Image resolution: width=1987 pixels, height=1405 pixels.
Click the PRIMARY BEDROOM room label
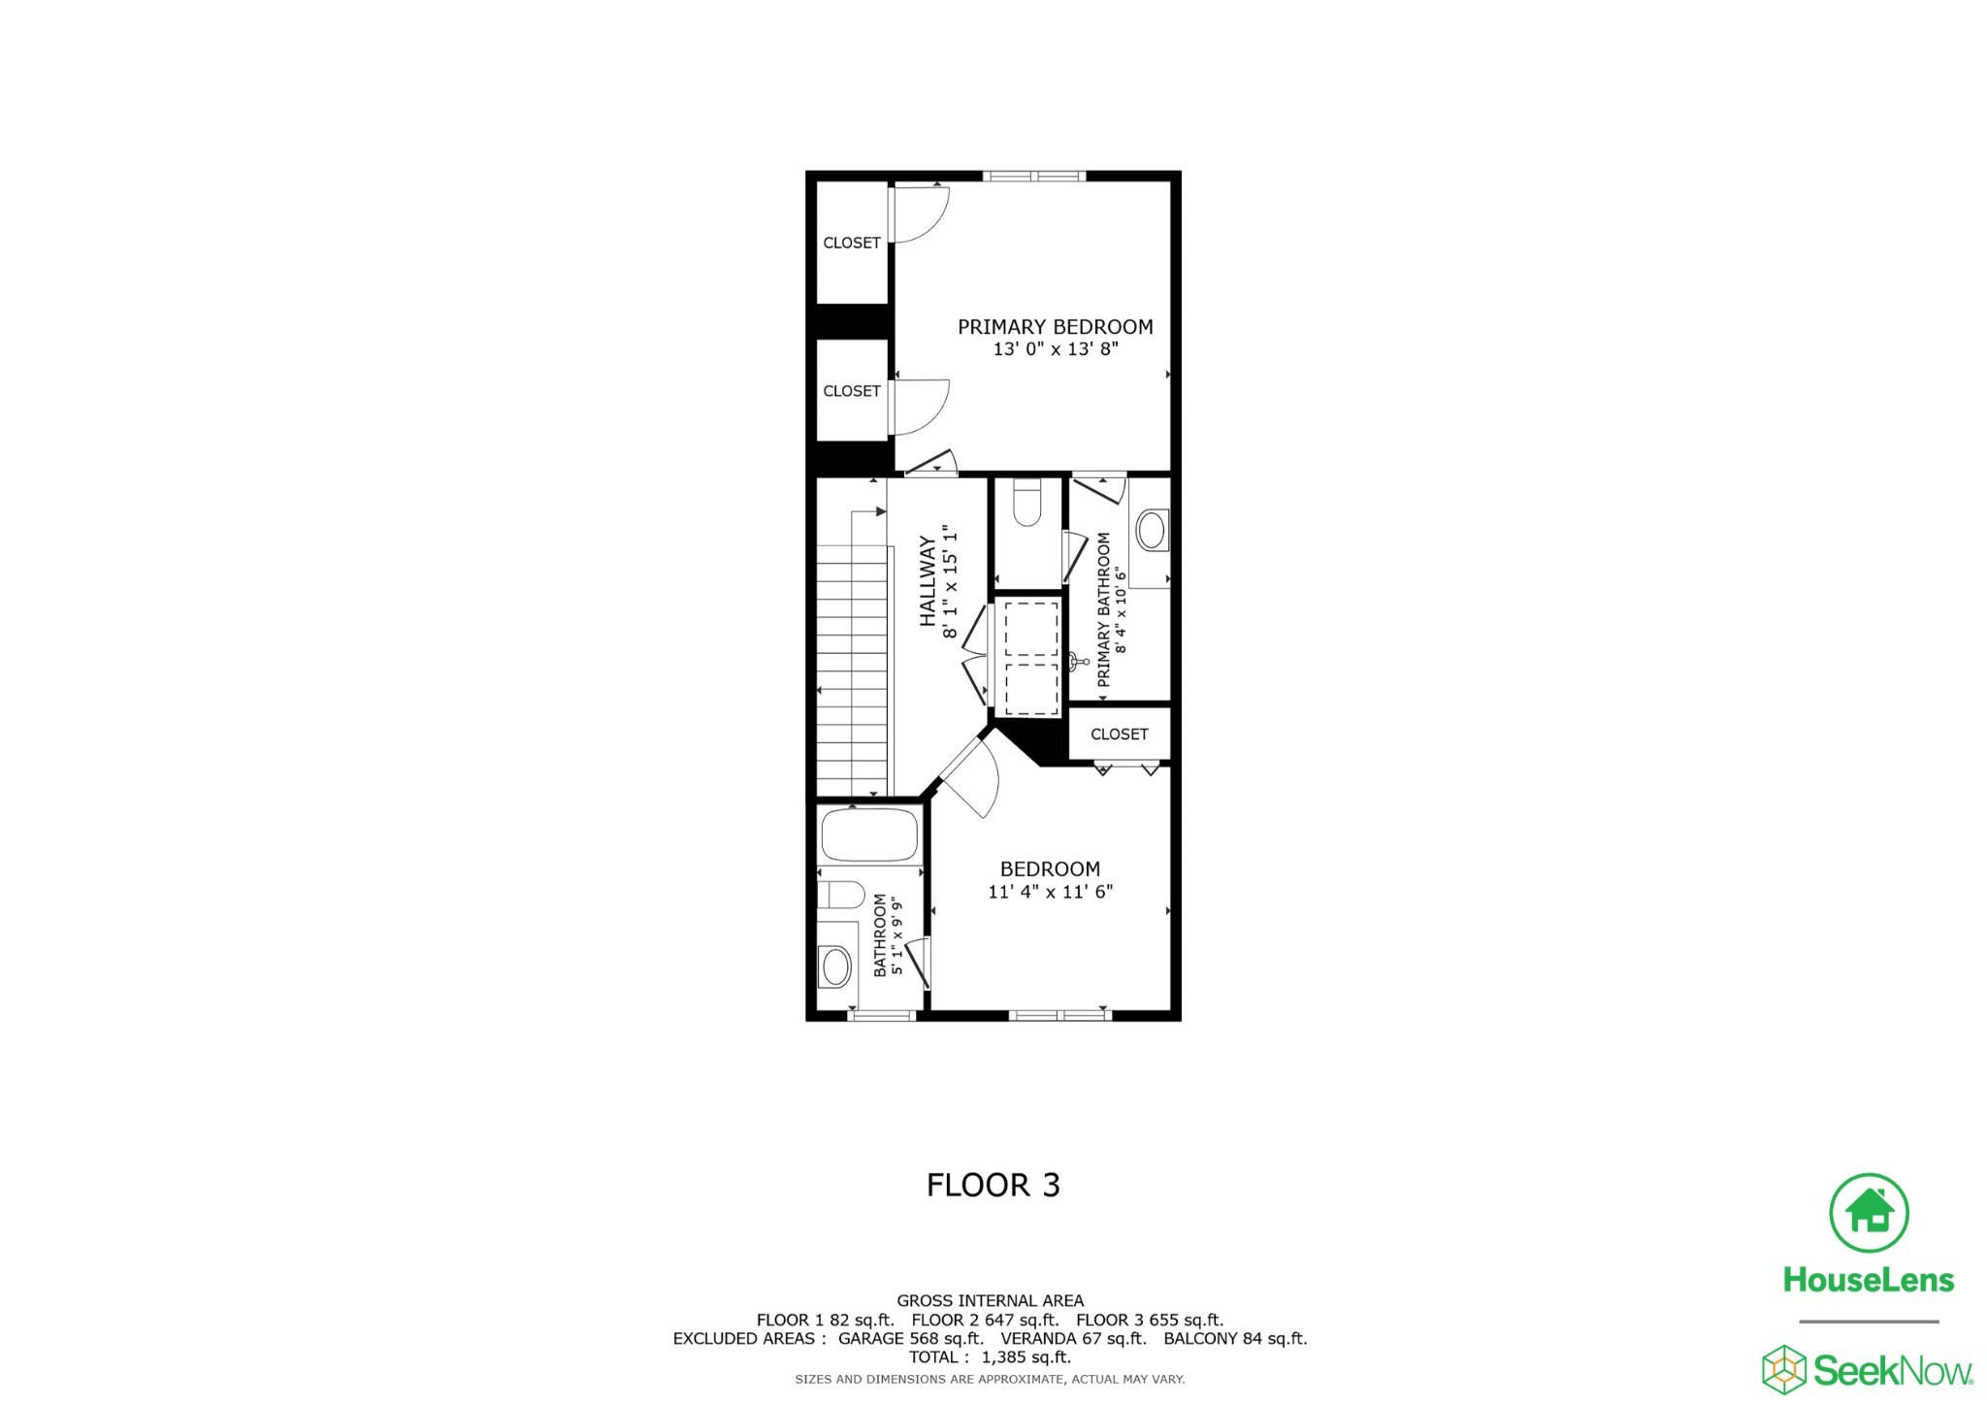pos(1055,327)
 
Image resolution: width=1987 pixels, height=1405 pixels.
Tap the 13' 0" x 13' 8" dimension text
pos(1055,349)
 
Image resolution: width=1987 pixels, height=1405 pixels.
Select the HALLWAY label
pos(928,581)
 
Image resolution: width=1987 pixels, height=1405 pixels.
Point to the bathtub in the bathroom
pos(869,833)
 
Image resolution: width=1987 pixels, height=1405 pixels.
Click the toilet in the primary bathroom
pos(1026,504)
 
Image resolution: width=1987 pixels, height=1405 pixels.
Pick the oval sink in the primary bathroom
pos(1151,531)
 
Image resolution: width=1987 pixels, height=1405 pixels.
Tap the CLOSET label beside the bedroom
pos(1119,735)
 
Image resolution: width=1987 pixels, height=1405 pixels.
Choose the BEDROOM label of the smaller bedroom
pos(1050,869)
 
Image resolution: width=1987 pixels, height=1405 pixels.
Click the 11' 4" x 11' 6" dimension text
pos(1050,892)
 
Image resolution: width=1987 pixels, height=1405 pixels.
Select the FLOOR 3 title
pos(993,1185)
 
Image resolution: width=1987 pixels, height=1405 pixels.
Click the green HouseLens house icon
pos(1869,1213)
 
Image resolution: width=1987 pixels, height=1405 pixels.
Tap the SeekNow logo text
pos(1892,1371)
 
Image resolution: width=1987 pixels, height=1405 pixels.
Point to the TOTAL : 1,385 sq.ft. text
pos(990,1357)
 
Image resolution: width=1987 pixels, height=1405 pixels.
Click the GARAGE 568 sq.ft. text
pos(910,1339)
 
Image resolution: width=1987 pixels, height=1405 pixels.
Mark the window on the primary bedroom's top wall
pos(1034,177)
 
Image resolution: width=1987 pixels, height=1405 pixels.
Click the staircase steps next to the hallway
pos(853,670)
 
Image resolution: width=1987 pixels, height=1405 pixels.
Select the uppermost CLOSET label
pos(852,243)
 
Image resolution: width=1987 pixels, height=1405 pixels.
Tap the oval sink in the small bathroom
pos(835,965)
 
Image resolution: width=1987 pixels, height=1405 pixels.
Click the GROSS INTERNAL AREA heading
pos(990,1301)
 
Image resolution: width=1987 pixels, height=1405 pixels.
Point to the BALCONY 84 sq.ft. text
pos(1235,1339)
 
